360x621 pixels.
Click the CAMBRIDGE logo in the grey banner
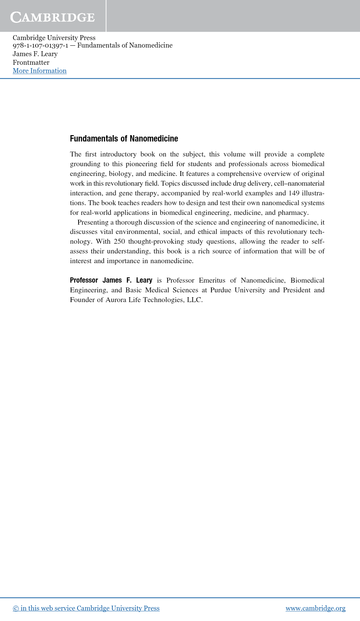[52, 17]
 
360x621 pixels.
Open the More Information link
[40, 71]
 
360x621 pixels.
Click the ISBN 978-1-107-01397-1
[40, 45]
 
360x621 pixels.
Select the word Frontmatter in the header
[31, 63]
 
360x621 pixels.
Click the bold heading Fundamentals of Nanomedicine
[124, 138]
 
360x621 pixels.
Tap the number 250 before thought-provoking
[119, 241]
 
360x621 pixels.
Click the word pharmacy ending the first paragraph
[293, 213]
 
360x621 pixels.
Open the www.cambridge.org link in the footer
[315, 608]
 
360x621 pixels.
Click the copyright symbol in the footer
[16, 609]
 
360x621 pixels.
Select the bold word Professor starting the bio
[84, 280]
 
